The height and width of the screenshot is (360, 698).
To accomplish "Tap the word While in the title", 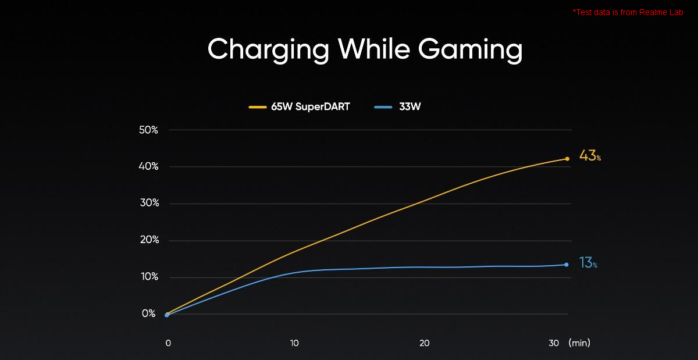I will click(x=377, y=49).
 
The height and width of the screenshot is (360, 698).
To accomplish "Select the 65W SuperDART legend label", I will click(x=310, y=108).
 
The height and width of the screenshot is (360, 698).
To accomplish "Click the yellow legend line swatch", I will click(x=257, y=108).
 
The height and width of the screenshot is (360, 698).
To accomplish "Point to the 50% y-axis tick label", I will click(x=149, y=130).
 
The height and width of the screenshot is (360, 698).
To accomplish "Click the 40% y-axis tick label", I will click(x=149, y=167).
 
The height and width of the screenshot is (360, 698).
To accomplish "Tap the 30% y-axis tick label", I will click(x=149, y=204).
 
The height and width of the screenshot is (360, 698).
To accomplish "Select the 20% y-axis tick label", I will click(x=149, y=240).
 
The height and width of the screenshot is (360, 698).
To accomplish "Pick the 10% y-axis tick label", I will click(x=149, y=277).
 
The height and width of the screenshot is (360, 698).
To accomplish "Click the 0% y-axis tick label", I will click(x=149, y=314).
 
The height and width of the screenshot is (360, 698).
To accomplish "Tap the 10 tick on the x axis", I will click(x=294, y=343).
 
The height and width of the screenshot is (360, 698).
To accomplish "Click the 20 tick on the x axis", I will click(x=424, y=343).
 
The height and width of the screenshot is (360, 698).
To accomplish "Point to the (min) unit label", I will click(x=579, y=343).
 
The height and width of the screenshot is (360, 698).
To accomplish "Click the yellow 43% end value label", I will click(x=589, y=156).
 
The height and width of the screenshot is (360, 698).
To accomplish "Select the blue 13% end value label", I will click(x=588, y=263).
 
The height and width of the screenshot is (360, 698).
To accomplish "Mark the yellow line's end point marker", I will click(x=567, y=159).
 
